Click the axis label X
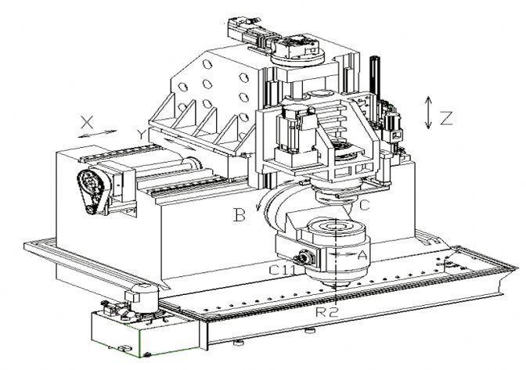pyautogui.click(x=87, y=122)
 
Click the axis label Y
pyautogui.click(x=142, y=135)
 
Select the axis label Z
pyautogui.click(x=446, y=118)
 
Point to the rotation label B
pyautogui.click(x=240, y=215)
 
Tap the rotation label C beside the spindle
pyautogui.click(x=365, y=205)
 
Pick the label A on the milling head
pyautogui.click(x=362, y=256)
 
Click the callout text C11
pyautogui.click(x=282, y=269)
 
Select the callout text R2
pyautogui.click(x=326, y=312)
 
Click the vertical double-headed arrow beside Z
pyautogui.click(x=428, y=113)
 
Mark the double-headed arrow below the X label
pyautogui.click(x=97, y=134)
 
